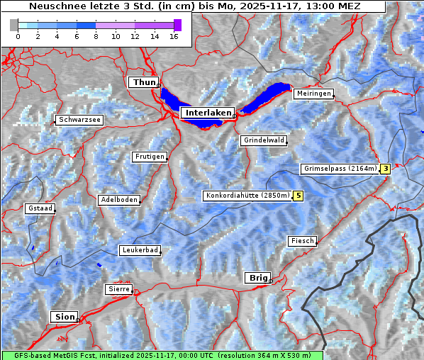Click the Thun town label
coord(143,83)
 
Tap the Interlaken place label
coord(208,113)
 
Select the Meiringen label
coord(313,94)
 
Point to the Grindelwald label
coord(264,140)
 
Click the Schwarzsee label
coord(80,120)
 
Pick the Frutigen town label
coord(150,157)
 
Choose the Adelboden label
coord(119,200)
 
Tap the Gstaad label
coord(40,208)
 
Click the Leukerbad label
coord(140,250)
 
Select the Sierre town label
coord(118,289)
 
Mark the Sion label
coord(65,317)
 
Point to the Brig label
coord(257,278)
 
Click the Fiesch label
coord(302,241)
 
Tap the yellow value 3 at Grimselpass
coord(385,169)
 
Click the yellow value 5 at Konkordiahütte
coord(299,196)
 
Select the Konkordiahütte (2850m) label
coord(247,196)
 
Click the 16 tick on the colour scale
coord(174,35)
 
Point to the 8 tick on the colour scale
coord(96,35)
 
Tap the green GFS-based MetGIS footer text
coord(162,355)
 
